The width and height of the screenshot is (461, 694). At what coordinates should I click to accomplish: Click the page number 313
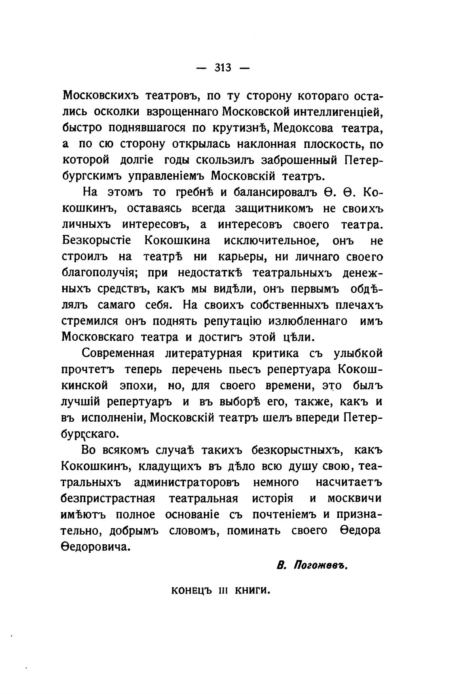click(223, 68)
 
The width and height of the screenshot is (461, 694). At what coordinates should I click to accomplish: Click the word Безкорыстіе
click(97, 241)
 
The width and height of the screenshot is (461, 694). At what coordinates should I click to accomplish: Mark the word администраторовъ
click(187, 482)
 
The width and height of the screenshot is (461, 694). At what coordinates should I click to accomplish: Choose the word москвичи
click(354, 499)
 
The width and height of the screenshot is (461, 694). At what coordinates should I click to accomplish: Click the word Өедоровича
click(96, 547)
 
